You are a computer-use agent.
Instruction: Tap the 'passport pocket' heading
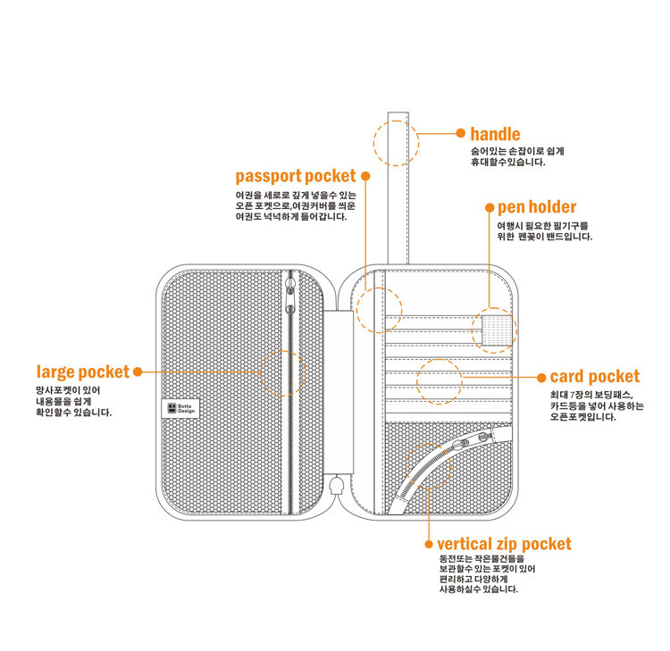point(295,176)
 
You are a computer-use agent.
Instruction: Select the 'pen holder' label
point(536,207)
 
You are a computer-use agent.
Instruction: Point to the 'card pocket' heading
point(595,377)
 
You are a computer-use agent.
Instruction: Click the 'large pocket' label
point(82,371)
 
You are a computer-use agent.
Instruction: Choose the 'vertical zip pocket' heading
point(504,544)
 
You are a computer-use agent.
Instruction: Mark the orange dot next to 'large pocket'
point(138,371)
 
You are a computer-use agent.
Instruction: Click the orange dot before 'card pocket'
point(541,377)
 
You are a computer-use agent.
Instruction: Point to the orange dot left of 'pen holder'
point(489,207)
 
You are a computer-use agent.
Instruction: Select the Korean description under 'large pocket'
point(73,402)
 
